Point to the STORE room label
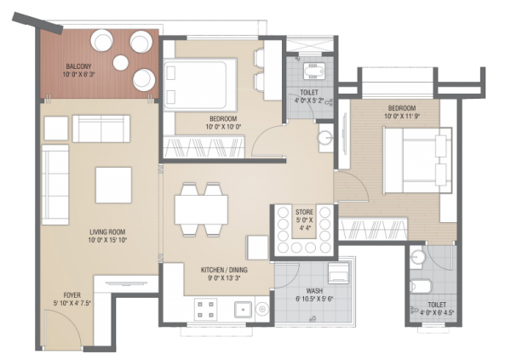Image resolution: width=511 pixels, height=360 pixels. tap(304, 211)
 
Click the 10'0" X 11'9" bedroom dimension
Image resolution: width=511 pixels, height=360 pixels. tap(401, 119)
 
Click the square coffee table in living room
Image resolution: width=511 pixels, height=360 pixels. tap(113, 184)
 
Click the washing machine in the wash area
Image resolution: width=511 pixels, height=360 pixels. tap(337, 273)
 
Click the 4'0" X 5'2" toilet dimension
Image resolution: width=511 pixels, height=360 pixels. tap(309, 102)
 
